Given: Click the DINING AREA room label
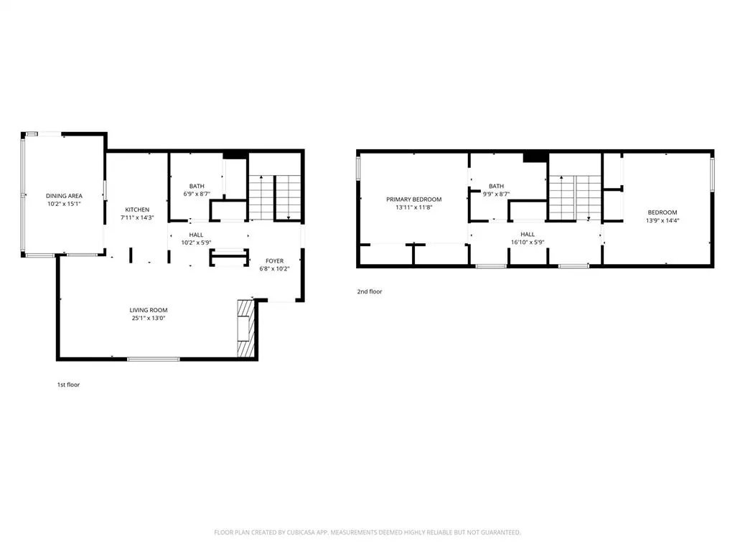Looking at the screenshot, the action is point(64,196).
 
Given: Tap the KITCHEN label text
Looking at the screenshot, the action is point(137,209).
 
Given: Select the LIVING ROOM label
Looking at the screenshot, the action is point(149,310).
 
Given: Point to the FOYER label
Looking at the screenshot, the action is point(275,261).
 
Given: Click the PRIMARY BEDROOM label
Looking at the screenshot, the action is point(414,199).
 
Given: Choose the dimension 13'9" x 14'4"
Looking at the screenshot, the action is point(663,220).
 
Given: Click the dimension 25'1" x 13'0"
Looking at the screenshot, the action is point(149,318).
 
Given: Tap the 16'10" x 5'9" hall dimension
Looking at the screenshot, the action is point(528,242).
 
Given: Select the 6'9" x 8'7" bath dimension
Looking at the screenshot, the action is point(197,194).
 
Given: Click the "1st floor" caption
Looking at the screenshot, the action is point(68,385).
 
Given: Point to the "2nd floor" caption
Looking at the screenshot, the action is point(370,291).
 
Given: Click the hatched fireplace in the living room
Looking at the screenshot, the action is point(245,329).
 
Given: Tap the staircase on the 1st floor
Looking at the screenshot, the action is point(275,197).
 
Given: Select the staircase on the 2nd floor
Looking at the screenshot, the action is point(575,198).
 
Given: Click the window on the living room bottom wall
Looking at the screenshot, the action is point(154,359).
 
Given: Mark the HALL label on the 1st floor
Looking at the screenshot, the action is point(197,235).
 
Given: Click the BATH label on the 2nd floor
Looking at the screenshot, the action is point(497,186).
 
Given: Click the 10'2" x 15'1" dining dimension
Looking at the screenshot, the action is point(64,204).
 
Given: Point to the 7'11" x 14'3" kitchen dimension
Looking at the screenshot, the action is point(137,218).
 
